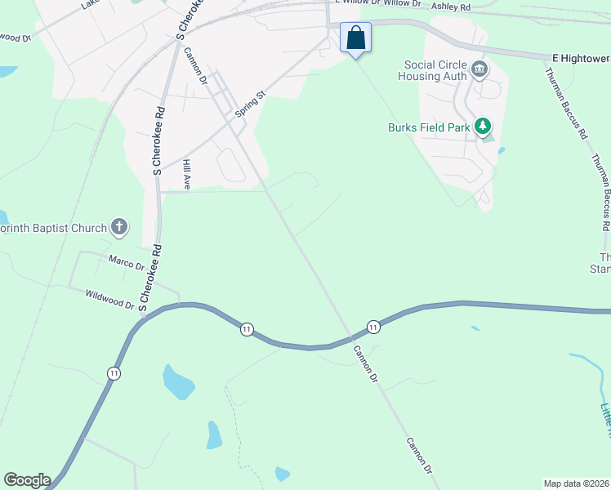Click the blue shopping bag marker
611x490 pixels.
[x=355, y=38]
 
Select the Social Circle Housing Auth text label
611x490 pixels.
[x=432, y=70]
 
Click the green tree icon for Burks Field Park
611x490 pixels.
[x=484, y=126]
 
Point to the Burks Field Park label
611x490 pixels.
[x=429, y=127]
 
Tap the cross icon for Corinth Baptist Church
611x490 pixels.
[x=119, y=226]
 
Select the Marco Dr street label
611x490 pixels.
[x=126, y=263]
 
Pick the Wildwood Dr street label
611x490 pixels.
[x=109, y=298]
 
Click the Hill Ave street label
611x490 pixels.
[x=187, y=175]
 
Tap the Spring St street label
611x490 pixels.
[x=251, y=105]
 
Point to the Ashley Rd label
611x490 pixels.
[x=451, y=7]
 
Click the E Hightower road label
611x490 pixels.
[x=581, y=58]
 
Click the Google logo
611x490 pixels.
[x=27, y=480]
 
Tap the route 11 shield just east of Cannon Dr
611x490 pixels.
[x=373, y=326]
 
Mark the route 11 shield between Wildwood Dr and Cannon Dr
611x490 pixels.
[x=247, y=328]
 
